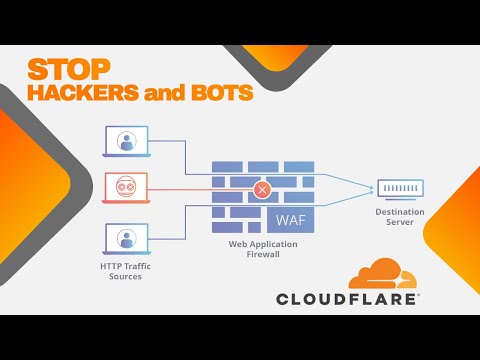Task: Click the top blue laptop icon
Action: (x=126, y=141)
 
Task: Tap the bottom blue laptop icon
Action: (x=126, y=238)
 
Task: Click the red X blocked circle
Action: (x=263, y=188)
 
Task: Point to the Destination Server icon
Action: (x=399, y=188)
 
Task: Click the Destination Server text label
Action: (x=399, y=217)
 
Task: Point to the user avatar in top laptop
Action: (x=126, y=139)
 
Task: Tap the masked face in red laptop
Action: (x=126, y=186)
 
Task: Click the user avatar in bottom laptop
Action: (x=126, y=236)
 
